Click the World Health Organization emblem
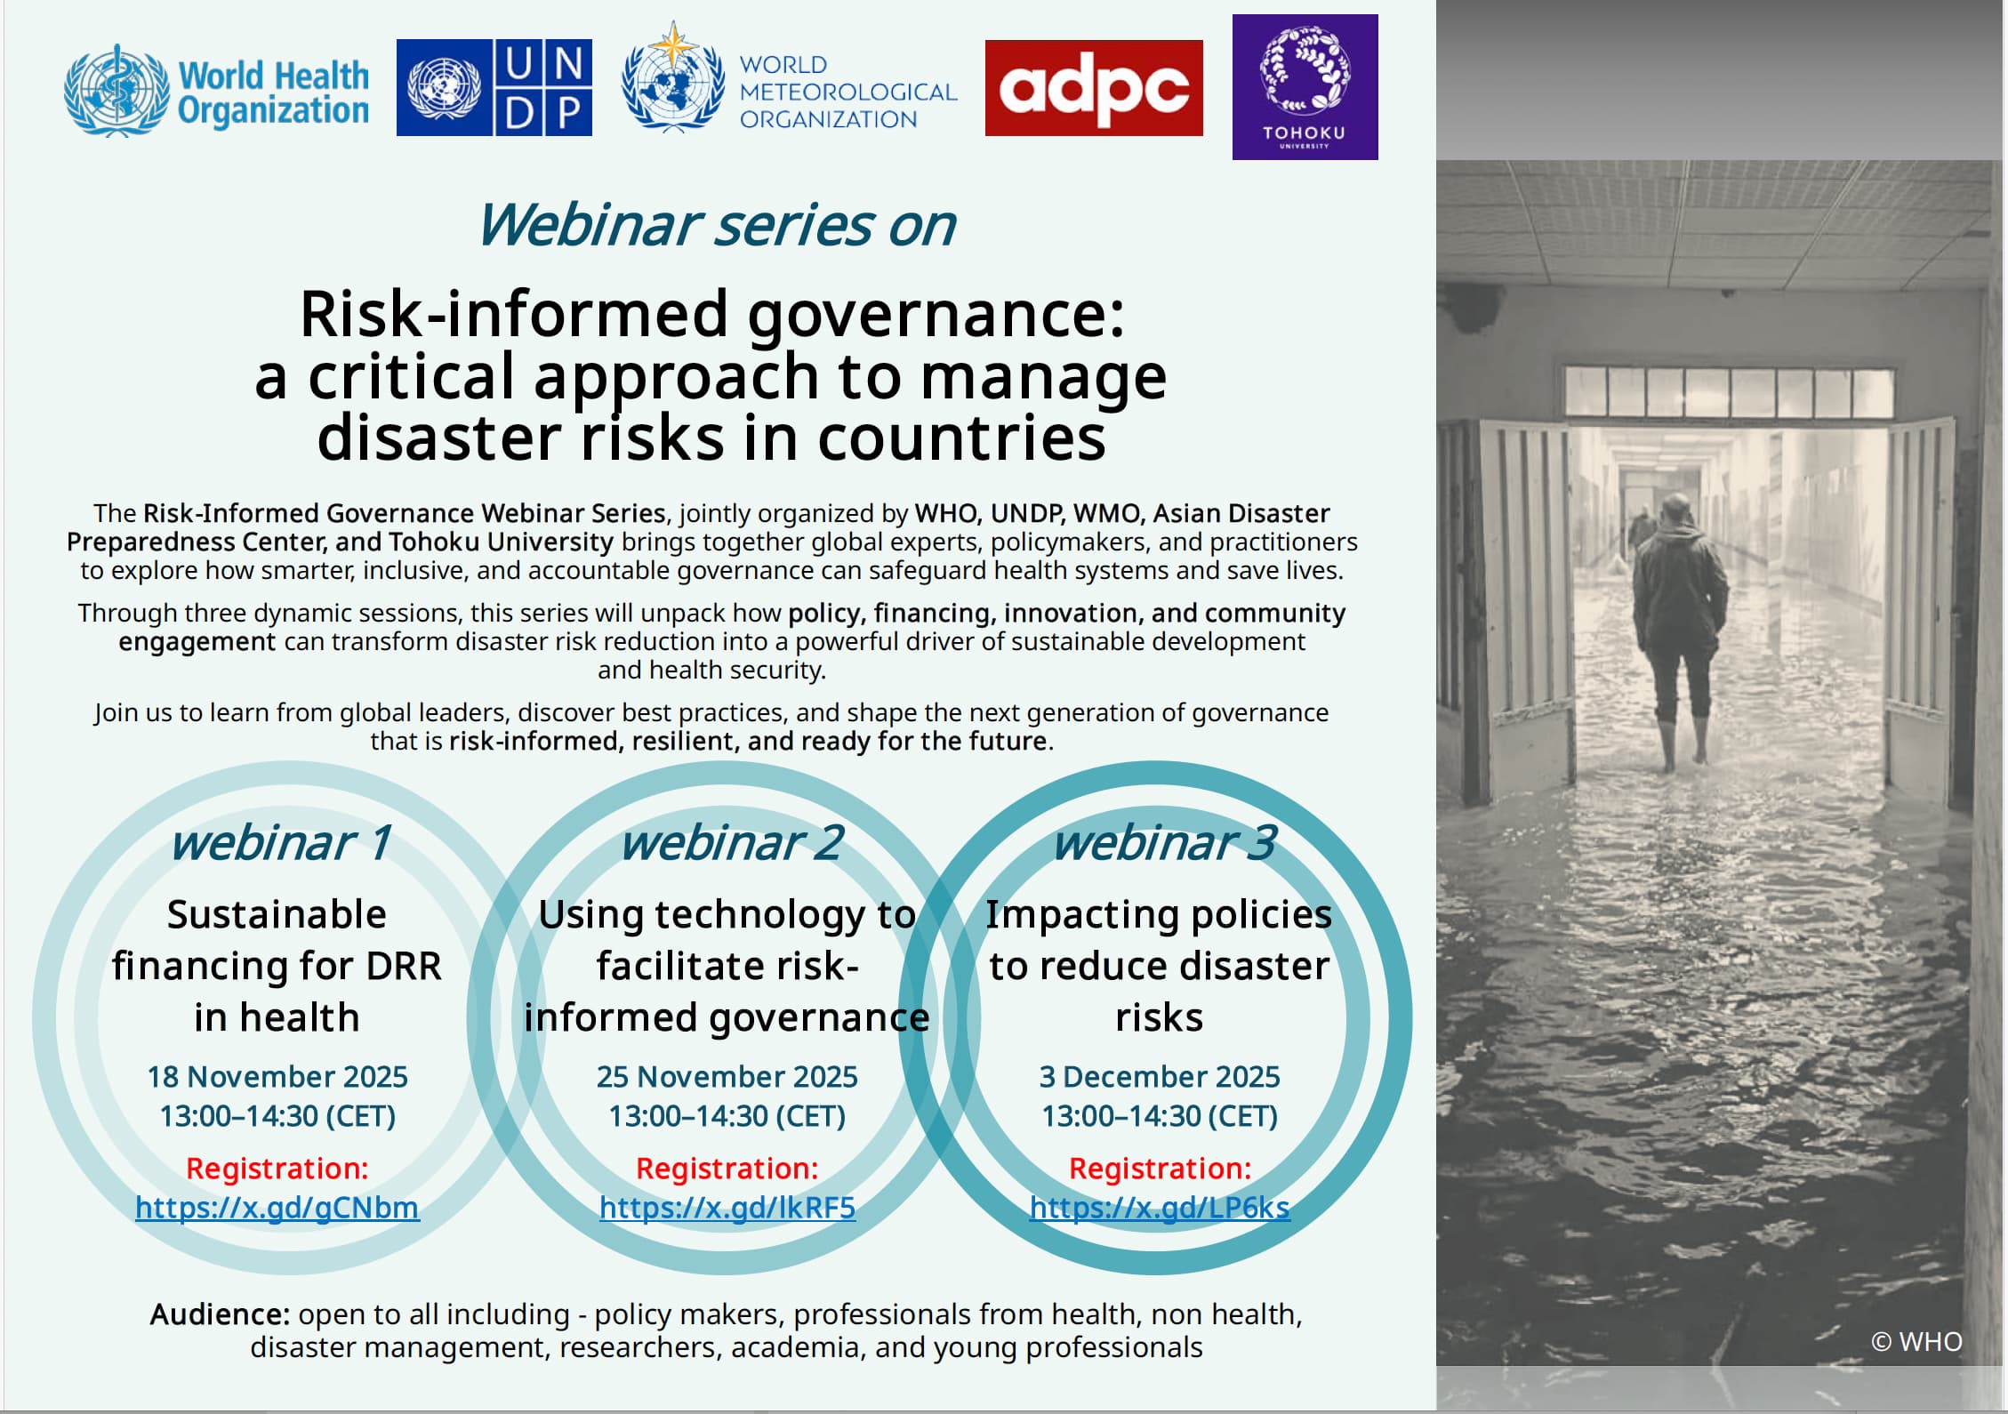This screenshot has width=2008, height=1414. tap(116, 91)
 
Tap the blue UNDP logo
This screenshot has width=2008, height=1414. tap(494, 87)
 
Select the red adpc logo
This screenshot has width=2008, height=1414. tap(1093, 88)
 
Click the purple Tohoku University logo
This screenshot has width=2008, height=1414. tap(1305, 86)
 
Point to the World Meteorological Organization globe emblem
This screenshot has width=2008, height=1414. tap(672, 80)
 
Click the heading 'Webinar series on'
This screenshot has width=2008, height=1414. tap(716, 224)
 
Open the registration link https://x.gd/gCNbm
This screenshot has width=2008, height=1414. tap(277, 1208)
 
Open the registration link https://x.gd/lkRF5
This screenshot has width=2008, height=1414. tap(727, 1208)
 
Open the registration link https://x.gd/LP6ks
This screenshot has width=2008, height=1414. tap(1159, 1208)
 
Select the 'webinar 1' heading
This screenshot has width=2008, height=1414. tap(279, 842)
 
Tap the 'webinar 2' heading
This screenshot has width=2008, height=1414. tap(731, 842)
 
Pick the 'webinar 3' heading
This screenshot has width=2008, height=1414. tap(1164, 842)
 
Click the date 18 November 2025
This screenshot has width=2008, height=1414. tap(277, 1077)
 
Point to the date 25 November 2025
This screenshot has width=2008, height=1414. tap(727, 1077)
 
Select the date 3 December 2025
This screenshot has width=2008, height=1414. tap(1159, 1077)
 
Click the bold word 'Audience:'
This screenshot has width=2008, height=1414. tap(220, 1314)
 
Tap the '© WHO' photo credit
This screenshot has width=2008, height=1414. tap(1916, 1341)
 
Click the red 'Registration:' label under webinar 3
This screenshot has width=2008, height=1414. tap(1159, 1168)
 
